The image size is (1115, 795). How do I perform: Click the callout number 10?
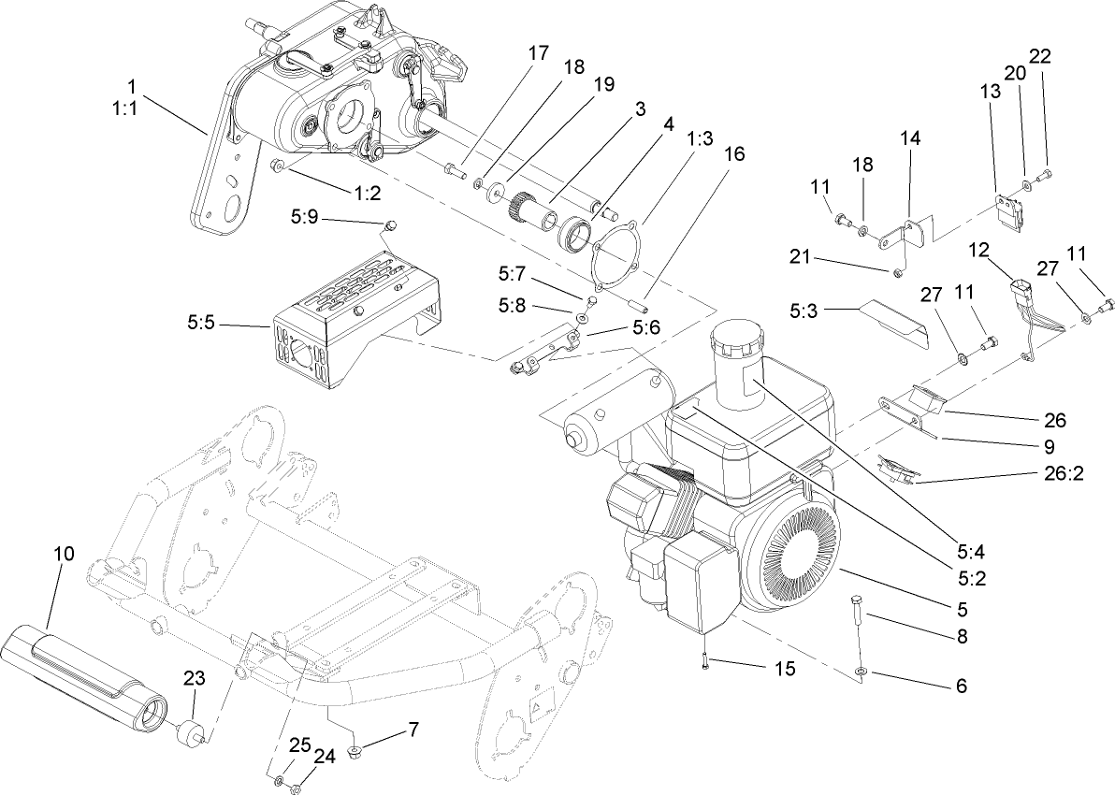[63, 553]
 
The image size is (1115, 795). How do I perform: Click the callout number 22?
[1040, 55]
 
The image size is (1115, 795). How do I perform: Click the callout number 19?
[603, 83]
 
